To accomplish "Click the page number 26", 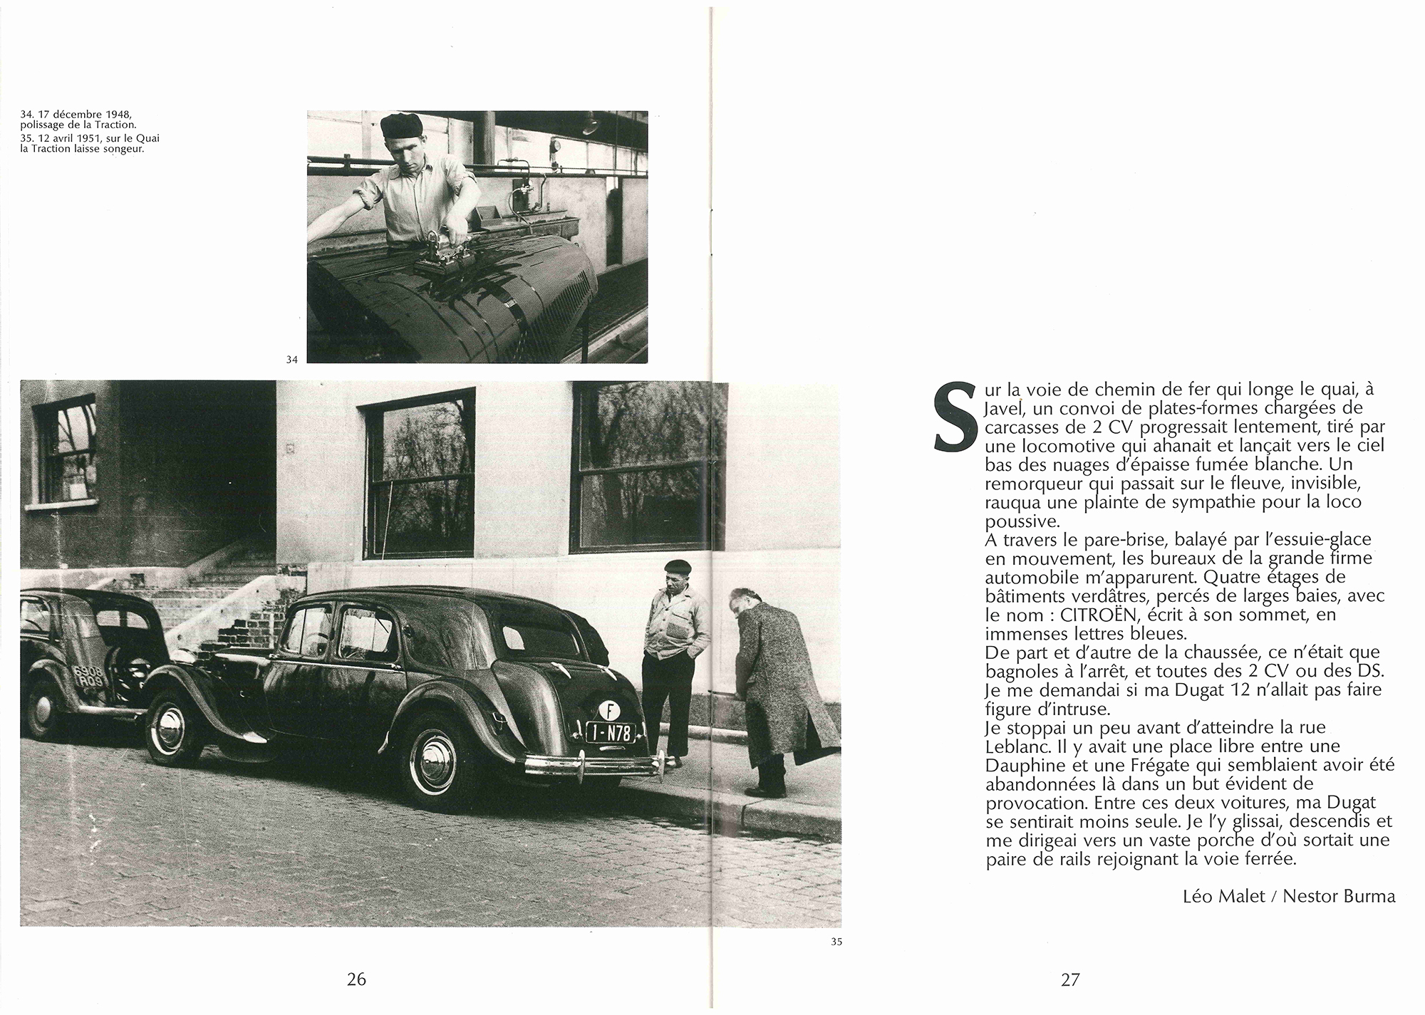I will pyautogui.click(x=356, y=979).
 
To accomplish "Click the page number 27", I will pyautogui.click(x=1070, y=979).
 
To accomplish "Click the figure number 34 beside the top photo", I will pyautogui.click(x=291, y=360).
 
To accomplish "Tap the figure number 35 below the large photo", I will pyautogui.click(x=836, y=942).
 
